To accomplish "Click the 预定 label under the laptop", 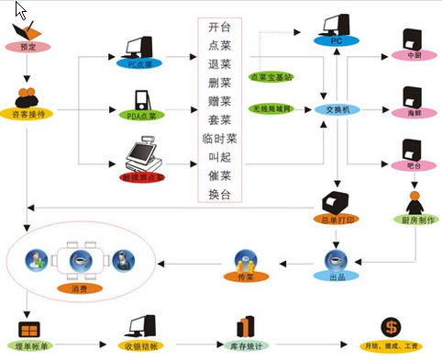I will tap(28, 47).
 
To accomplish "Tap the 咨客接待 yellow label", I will tap(28, 113).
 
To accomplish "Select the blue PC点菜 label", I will tap(140, 63).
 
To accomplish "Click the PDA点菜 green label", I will tap(140, 115).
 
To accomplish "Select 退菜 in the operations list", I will tap(220, 65).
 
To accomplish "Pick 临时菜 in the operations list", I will tap(220, 140).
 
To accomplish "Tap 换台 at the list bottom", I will tap(220, 194).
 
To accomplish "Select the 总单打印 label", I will tap(335, 220).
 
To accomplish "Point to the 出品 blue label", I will tap(337, 276).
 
